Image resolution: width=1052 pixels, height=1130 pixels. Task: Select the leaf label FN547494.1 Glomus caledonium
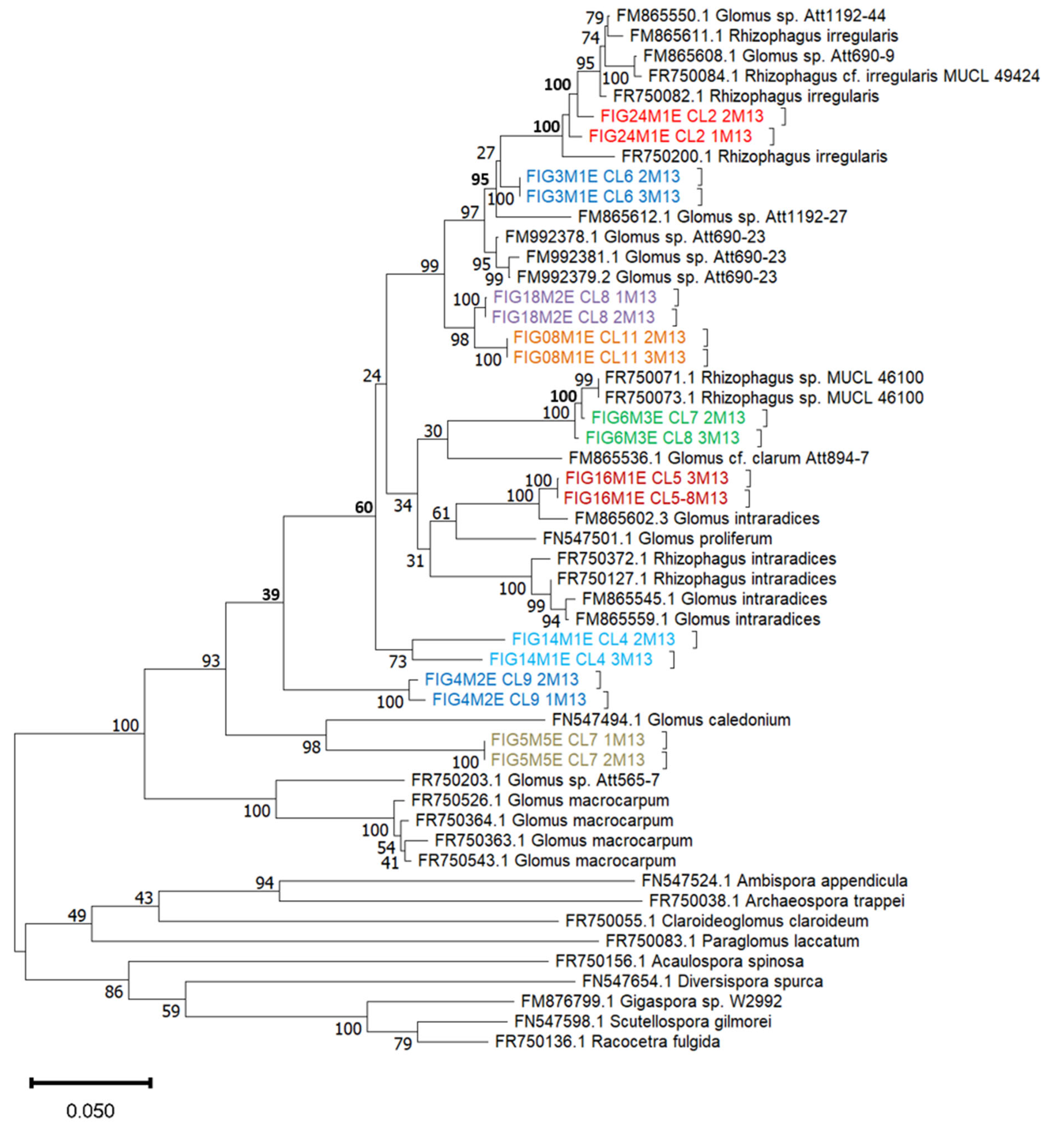tap(671, 720)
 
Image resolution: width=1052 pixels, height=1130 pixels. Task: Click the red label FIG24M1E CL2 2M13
tap(681, 116)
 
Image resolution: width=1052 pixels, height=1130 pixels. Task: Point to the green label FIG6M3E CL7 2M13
tap(668, 418)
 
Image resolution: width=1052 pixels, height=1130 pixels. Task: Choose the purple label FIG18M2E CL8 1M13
tap(575, 297)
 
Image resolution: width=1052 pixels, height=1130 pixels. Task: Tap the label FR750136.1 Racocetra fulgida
tap(607, 1041)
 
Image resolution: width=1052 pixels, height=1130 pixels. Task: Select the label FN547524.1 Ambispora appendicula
tap(774, 880)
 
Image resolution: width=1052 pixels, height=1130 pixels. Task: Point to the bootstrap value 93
tap(211, 661)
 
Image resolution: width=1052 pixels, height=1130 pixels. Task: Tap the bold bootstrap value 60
tap(364, 507)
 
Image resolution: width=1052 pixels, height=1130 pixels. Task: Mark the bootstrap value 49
tap(77, 915)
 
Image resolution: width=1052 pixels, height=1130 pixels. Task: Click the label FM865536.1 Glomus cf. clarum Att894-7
tap(718, 457)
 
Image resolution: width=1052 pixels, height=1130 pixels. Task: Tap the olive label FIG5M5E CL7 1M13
tap(567, 740)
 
